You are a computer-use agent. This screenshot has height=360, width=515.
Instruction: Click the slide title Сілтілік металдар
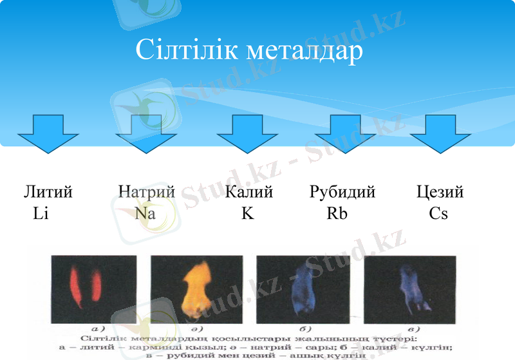click(x=250, y=50)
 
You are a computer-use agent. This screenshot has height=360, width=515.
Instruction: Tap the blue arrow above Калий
click(x=247, y=133)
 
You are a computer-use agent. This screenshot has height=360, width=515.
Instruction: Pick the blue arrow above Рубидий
click(x=345, y=133)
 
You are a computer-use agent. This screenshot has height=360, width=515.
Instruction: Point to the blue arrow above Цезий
click(x=440, y=133)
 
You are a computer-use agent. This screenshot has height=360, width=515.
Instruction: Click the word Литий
click(x=48, y=192)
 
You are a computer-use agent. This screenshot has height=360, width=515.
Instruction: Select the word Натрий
click(x=147, y=192)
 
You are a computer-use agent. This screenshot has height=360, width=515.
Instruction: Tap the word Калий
click(x=250, y=192)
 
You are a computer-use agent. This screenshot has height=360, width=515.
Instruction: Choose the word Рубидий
click(x=342, y=192)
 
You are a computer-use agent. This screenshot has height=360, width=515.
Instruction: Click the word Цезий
click(x=440, y=192)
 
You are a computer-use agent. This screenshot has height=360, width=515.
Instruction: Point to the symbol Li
click(x=41, y=213)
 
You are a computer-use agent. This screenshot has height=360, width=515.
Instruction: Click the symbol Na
click(x=145, y=213)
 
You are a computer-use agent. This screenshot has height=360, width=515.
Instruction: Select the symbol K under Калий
click(x=248, y=213)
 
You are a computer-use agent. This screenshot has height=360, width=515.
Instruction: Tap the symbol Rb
click(x=337, y=213)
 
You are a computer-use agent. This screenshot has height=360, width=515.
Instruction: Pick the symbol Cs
click(x=438, y=213)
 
